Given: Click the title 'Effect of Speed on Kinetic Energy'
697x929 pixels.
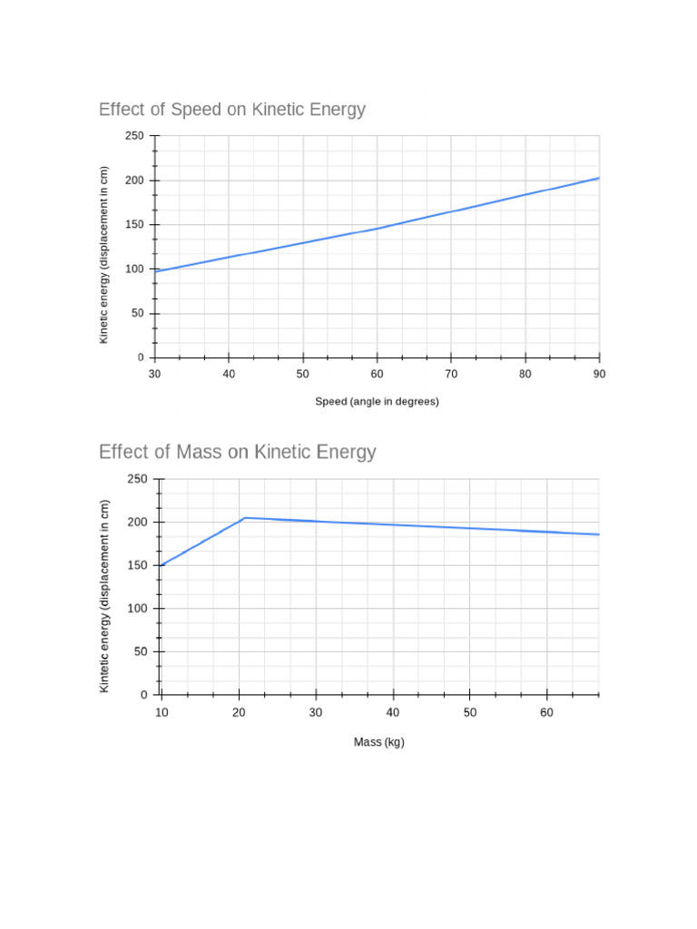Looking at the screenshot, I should pos(231,110).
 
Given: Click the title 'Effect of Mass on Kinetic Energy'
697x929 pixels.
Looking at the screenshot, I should pos(237,452).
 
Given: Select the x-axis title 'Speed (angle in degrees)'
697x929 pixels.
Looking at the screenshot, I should pos(377,401).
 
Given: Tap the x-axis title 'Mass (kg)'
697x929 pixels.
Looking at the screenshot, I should pos(378,742).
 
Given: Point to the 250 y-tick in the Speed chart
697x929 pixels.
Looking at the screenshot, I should pos(134,136).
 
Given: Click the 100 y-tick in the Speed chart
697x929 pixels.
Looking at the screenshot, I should pos(134,269).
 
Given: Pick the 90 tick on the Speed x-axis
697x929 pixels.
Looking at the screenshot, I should pos(599,374).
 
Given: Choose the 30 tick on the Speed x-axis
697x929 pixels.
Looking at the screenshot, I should pos(155,374).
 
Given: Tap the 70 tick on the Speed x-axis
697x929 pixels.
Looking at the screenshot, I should pos(451,374).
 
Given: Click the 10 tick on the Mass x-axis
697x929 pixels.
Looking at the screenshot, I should pos(162,713).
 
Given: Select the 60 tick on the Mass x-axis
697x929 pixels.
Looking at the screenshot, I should pos(546,713).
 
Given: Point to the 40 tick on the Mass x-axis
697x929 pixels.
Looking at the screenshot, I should pos(393,713).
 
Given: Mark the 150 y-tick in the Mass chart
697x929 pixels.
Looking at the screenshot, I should pos(137,566).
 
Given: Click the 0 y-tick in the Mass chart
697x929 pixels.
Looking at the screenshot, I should pos(143,695).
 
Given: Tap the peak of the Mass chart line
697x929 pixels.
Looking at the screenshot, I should pos(245,518).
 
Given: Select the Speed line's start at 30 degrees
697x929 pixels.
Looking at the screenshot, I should pos(156,271).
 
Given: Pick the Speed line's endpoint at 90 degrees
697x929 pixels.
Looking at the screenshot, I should pos(599,178).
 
